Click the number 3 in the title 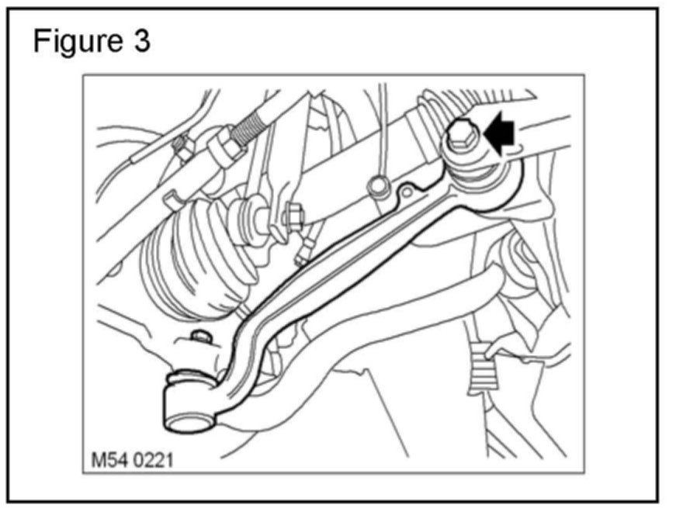pyautogui.click(x=140, y=41)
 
